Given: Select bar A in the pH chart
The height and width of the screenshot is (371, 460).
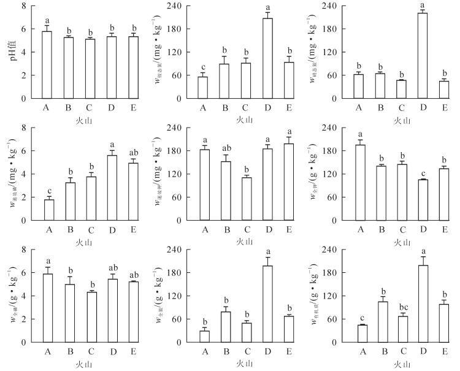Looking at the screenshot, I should [x=47, y=64].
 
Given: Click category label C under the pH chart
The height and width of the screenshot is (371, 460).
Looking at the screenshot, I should [x=90, y=108].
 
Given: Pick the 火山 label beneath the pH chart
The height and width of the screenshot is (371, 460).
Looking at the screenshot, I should [x=90, y=120].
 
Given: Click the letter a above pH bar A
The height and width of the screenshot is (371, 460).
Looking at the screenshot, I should [x=47, y=19].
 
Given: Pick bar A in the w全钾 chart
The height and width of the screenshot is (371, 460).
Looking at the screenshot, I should [x=361, y=182].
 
